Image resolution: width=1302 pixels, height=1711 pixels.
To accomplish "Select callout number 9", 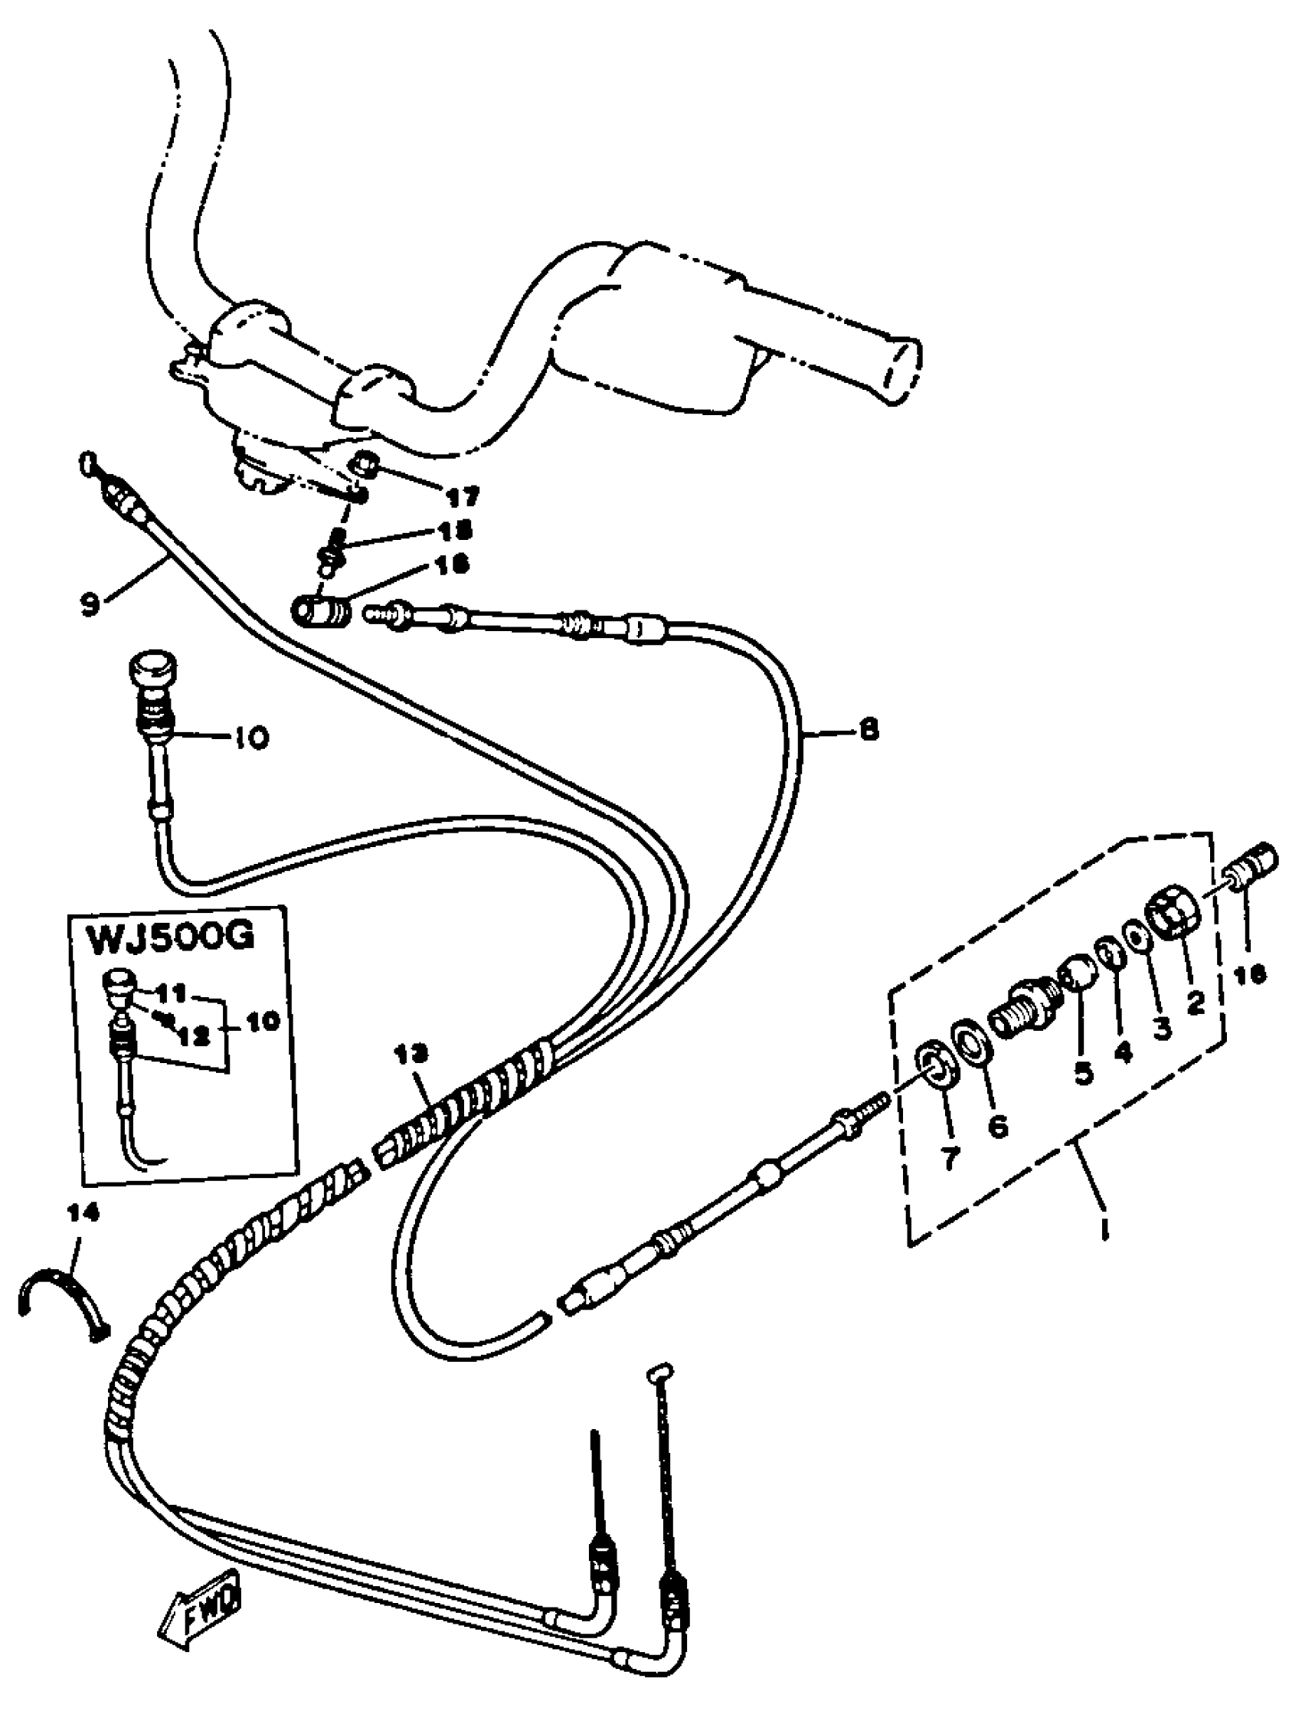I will [x=90, y=604].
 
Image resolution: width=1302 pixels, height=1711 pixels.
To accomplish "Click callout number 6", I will [x=998, y=1124].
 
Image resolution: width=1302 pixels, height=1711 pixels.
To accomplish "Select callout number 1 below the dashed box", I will [x=1105, y=1228].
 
